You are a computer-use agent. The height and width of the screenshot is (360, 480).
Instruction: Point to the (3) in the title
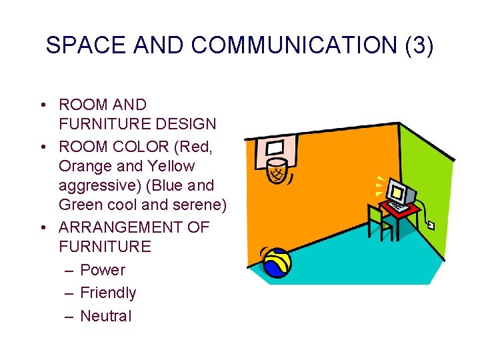coord(418,45)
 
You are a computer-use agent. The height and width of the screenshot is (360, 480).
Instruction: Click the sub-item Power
coord(103,270)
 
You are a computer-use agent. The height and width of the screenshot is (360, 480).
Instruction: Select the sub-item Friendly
coord(108,293)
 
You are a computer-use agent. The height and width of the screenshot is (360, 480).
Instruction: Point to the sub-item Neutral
coord(105,316)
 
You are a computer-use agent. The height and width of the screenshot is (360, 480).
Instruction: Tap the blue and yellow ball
coord(275,262)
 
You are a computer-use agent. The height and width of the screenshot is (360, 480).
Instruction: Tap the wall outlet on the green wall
coord(431,225)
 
